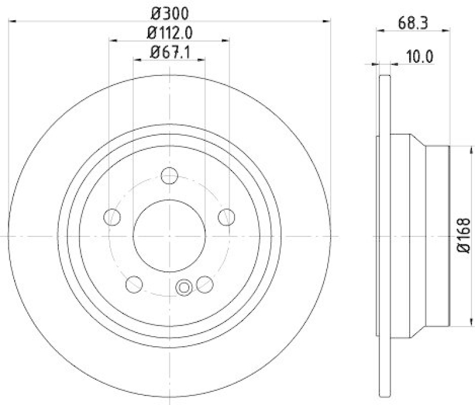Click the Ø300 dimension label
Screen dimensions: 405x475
click(170, 12)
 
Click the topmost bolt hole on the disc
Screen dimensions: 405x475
click(170, 176)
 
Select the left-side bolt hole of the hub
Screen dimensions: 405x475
click(113, 217)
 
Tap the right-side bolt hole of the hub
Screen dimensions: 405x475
click(226, 217)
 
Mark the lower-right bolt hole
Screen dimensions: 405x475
click(205, 284)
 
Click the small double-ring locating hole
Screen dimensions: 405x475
click(185, 288)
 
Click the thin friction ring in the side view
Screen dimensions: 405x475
click(385, 238)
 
